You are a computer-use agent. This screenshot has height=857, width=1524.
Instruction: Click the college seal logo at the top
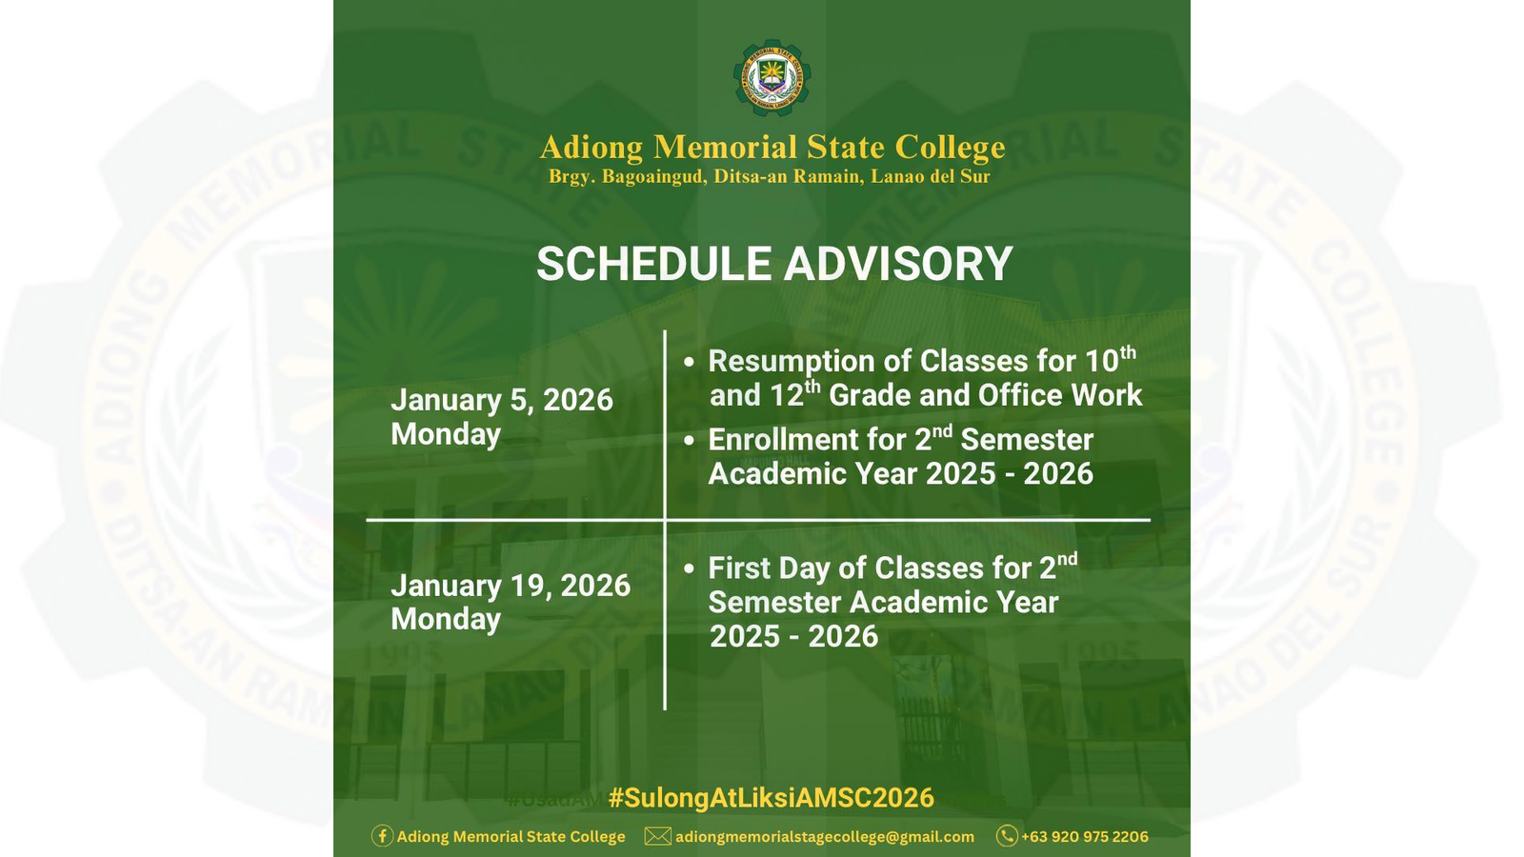click(772, 78)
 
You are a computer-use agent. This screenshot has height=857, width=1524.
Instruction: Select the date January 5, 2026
click(501, 400)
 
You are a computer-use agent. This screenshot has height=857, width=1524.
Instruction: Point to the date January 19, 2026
click(511, 585)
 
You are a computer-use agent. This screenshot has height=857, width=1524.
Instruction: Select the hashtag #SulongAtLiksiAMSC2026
click(771, 798)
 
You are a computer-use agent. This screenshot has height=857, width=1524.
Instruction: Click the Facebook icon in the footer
click(382, 836)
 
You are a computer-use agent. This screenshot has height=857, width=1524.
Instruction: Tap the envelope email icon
click(657, 836)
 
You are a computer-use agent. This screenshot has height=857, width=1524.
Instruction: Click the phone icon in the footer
click(1006, 836)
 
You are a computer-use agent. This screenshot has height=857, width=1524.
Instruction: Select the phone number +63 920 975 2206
click(1084, 836)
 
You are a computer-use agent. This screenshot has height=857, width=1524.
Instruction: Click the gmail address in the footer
click(824, 836)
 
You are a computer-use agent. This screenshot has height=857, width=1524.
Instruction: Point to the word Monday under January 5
click(446, 434)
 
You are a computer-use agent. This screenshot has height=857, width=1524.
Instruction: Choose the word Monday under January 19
click(446, 619)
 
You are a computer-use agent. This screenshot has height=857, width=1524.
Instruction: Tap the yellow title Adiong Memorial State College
click(772, 148)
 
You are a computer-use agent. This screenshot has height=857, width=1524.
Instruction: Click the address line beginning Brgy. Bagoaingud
click(769, 177)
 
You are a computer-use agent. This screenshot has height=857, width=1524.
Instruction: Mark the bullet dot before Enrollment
click(689, 440)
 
